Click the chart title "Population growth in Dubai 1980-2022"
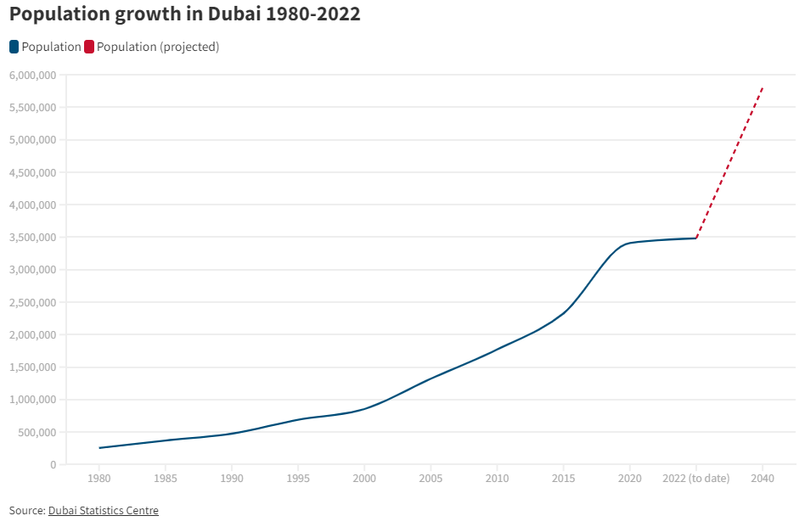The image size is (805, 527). [x=185, y=14]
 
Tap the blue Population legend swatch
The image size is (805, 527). [x=14, y=47]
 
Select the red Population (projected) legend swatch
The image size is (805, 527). [x=89, y=47]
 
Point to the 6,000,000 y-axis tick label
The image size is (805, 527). [x=32, y=75]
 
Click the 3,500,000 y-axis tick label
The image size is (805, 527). [x=32, y=238]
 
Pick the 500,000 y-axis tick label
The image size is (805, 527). [x=37, y=432]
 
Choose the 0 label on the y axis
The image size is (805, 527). [x=53, y=464]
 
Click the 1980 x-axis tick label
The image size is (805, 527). [x=99, y=479]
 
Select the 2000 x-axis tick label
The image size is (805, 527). [x=364, y=479]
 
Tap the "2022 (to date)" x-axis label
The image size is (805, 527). [x=695, y=479]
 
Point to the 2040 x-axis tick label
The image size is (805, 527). [x=763, y=479]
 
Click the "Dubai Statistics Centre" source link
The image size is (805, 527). [x=104, y=510]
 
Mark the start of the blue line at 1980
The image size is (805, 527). [x=99, y=448]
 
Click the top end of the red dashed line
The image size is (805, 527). [x=763, y=87]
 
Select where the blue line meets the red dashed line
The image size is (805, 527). [x=696, y=238]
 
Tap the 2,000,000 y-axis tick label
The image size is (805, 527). [x=32, y=334]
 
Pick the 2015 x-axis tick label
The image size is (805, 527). [x=563, y=479]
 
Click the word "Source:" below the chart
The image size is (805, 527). [x=26, y=510]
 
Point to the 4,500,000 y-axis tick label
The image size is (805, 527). [x=32, y=172]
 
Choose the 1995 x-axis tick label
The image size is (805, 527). [x=298, y=479]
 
